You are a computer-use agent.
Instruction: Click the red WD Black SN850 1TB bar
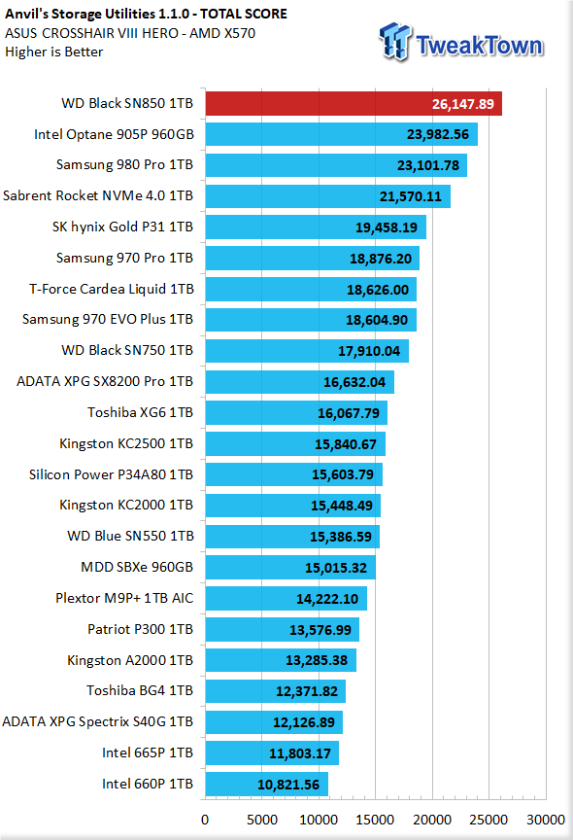point(354,103)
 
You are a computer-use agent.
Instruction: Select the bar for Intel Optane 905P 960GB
point(342,134)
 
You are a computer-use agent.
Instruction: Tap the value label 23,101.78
point(428,165)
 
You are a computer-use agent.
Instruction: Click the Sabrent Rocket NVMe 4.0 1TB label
point(98,195)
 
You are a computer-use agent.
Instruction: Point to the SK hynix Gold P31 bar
point(316,227)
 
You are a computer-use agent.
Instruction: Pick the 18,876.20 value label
point(381,259)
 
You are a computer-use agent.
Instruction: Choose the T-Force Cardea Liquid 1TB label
point(112,289)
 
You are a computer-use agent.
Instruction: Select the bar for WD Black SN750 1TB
point(307,351)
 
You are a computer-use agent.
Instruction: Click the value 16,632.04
point(354,382)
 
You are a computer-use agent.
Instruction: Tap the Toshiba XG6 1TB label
point(140,412)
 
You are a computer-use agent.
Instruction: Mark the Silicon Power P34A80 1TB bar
point(294,474)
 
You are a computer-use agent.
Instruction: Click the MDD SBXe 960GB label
point(137,567)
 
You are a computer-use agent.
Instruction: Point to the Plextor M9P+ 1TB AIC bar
point(286,598)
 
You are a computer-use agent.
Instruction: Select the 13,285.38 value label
point(317,660)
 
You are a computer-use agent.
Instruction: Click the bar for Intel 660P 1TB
point(267,785)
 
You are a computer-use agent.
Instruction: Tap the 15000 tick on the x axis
point(375,820)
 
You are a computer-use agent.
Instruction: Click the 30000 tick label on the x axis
point(545,820)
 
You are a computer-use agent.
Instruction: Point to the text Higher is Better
point(54,52)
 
